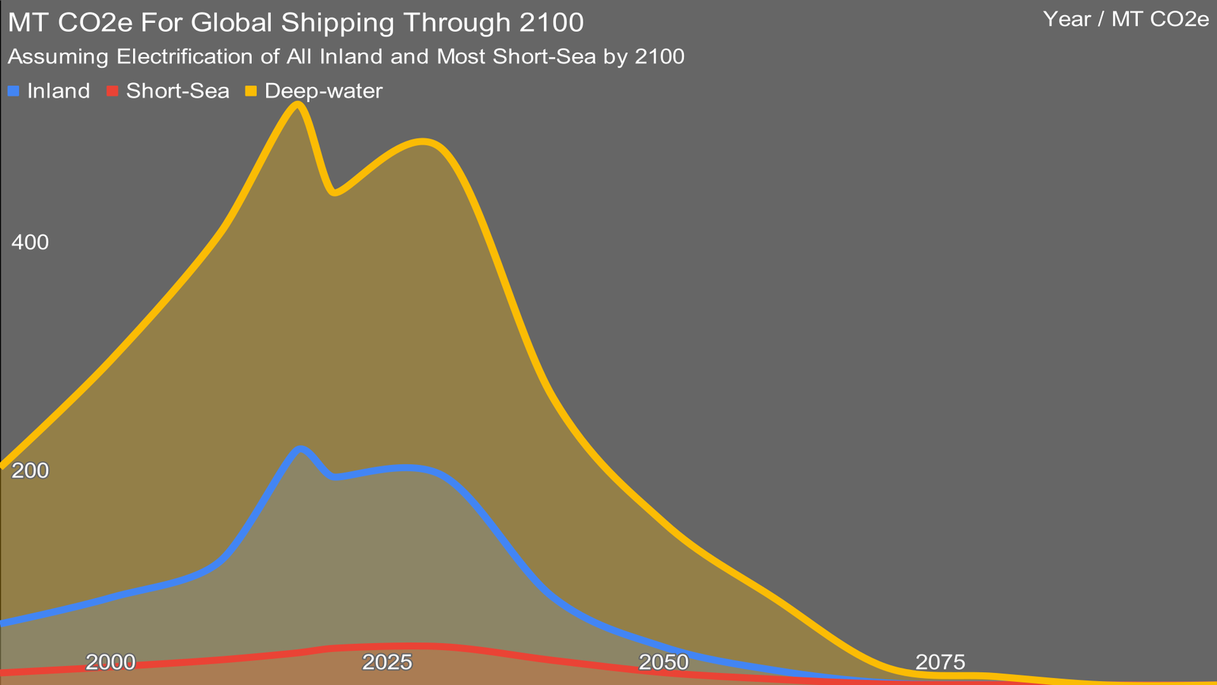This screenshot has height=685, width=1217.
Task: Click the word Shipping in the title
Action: (340, 23)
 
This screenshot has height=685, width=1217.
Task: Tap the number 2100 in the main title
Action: (551, 23)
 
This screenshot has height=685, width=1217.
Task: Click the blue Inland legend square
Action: (13, 91)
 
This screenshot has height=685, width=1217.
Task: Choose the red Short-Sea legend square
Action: (113, 91)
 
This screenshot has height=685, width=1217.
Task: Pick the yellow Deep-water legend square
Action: (251, 91)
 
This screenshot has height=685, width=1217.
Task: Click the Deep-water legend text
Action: (323, 91)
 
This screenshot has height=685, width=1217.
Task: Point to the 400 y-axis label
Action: (30, 243)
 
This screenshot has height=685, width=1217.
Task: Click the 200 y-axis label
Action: (30, 471)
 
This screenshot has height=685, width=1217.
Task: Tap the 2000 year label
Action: (110, 662)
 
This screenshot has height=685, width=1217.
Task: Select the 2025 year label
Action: (387, 662)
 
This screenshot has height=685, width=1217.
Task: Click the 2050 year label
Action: (664, 662)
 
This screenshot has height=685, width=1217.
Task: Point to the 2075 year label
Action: (940, 662)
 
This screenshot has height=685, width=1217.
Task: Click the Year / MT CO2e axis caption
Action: (1126, 20)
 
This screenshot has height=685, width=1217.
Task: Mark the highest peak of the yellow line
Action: (298, 104)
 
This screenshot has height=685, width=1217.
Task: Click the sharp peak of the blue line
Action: (301, 449)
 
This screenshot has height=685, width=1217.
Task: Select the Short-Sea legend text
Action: (178, 91)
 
